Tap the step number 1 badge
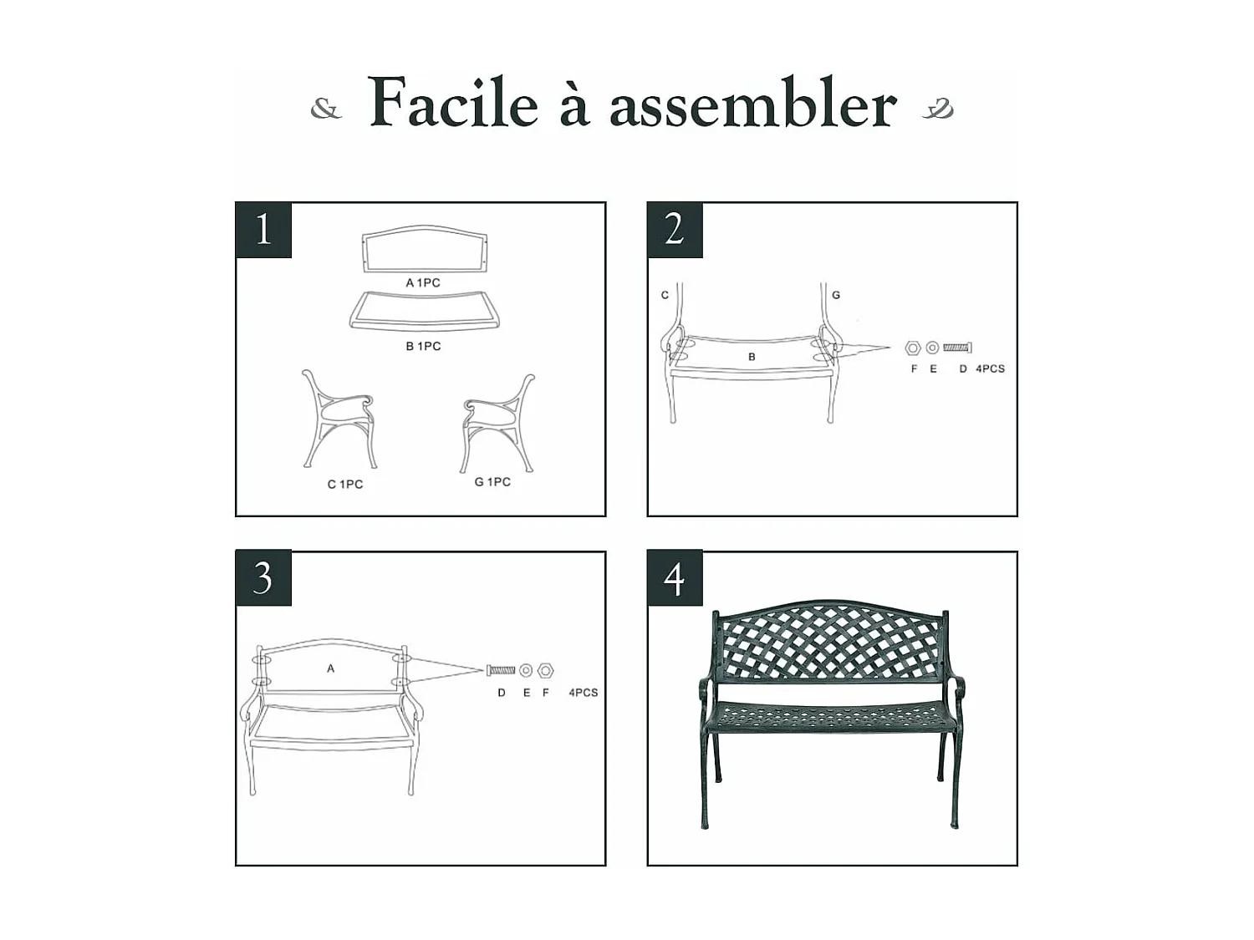(263, 230)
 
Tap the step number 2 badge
(675, 230)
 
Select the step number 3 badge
(263, 577)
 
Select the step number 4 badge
(675, 578)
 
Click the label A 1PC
(423, 282)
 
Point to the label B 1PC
(423, 346)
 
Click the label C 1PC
(344, 484)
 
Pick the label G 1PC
(492, 481)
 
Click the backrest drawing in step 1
(425, 249)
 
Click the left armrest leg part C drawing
(339, 420)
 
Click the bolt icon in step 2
(956, 347)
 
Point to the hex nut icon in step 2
(913, 348)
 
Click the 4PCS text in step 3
(583, 693)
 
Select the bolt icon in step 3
(501, 669)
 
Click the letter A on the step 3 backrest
(330, 668)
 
